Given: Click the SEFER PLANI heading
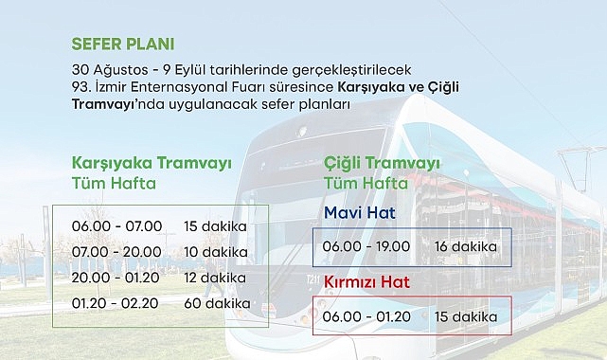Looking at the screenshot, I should tap(123, 45).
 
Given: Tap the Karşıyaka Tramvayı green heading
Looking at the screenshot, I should tap(152, 162).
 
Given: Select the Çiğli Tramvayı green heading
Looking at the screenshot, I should tap(382, 163).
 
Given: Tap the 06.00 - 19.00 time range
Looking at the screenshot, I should tap(366, 246).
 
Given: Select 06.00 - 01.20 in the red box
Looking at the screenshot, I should tap(366, 315).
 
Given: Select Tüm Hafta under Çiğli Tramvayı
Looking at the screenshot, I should tap(366, 183).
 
